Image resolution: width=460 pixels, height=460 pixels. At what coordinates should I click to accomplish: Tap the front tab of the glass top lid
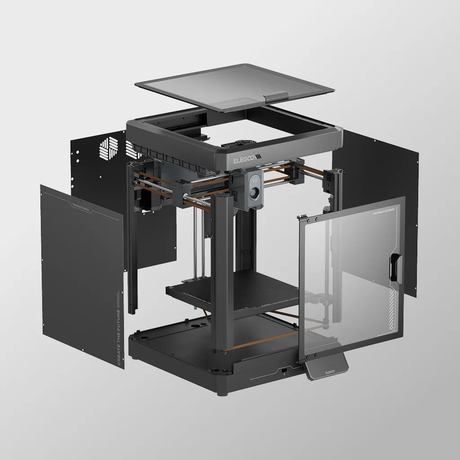[x=276, y=96]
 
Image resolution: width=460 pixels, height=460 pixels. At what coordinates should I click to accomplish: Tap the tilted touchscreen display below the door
[x=326, y=366]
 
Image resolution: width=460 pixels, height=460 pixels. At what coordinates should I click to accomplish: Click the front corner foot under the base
[x=221, y=392]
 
